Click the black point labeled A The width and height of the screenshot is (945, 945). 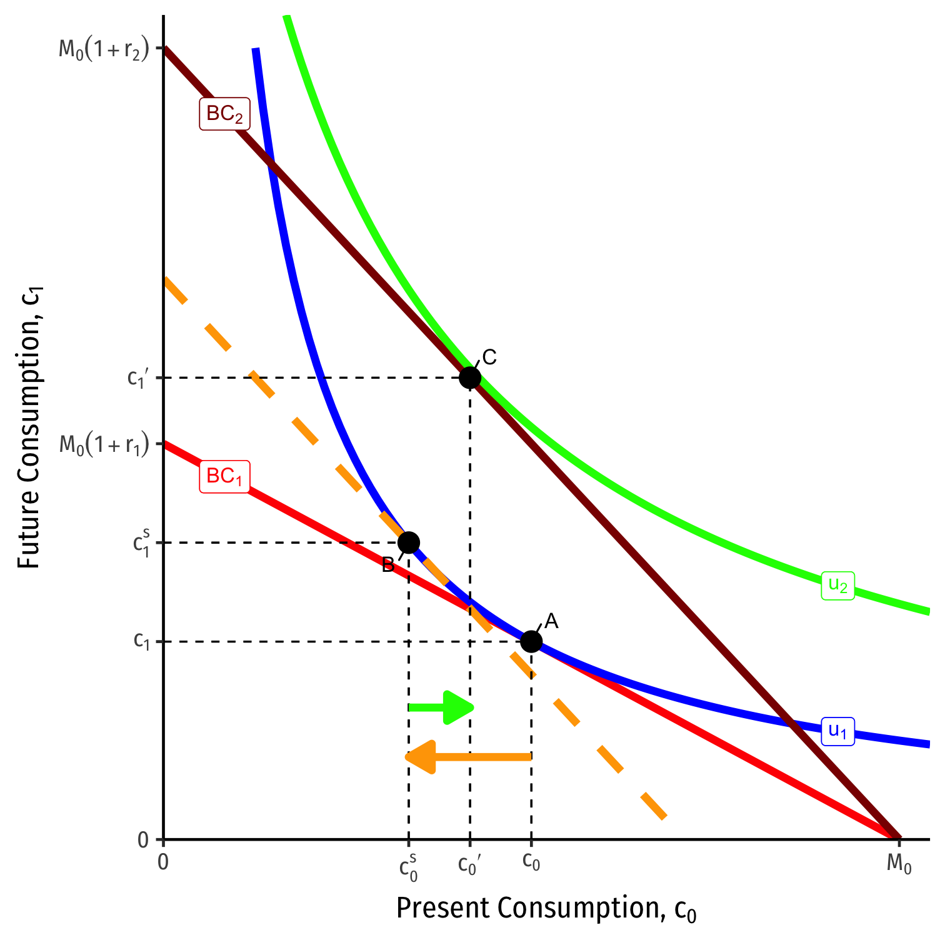pyautogui.click(x=531, y=641)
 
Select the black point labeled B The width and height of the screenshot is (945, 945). pyautogui.click(x=408, y=542)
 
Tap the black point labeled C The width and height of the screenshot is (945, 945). pyautogui.click(x=470, y=377)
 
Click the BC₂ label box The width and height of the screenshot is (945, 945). pyautogui.click(x=224, y=114)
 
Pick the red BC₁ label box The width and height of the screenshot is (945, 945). pyautogui.click(x=224, y=477)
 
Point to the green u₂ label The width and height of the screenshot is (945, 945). pyautogui.click(x=837, y=586)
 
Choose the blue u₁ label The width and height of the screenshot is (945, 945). pyautogui.click(x=837, y=731)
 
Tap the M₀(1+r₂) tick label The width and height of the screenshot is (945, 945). pyautogui.click(x=104, y=49)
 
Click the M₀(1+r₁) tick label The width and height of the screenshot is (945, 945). pyautogui.click(x=104, y=444)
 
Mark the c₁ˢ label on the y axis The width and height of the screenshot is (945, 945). pyautogui.click(x=141, y=542)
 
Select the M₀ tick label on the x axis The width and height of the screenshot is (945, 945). pyautogui.click(x=899, y=864)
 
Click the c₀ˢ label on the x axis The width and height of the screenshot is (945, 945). pyautogui.click(x=408, y=867)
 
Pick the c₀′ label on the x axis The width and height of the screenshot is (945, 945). pyautogui.click(x=469, y=864)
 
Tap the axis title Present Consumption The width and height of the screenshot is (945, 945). pyautogui.click(x=546, y=909)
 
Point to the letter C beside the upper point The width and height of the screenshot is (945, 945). pyautogui.click(x=489, y=357)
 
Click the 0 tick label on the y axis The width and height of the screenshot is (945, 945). pyautogui.click(x=143, y=840)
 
